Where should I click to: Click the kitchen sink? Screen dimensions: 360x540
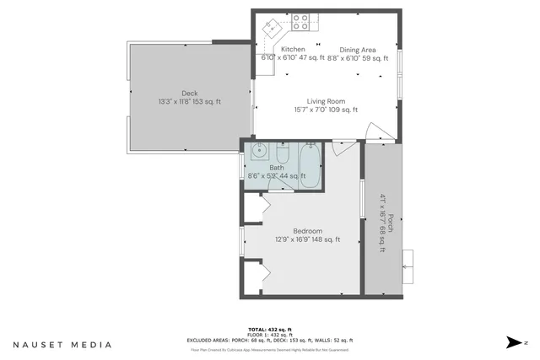tap(273, 26)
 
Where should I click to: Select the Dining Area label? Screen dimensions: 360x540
tap(358, 50)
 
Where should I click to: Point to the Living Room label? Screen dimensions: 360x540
tap(326, 100)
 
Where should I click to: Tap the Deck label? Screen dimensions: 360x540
tap(190, 93)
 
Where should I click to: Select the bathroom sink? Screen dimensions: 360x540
tap(259, 153)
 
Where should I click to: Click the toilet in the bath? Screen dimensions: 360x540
tap(283, 155)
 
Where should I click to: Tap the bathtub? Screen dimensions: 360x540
tap(310, 164)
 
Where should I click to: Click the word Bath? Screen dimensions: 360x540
tap(277, 167)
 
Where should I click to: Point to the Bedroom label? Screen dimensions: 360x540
tap(308, 230)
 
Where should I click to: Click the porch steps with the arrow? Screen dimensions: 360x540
tap(408, 266)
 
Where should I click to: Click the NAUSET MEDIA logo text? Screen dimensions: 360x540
tap(62, 344)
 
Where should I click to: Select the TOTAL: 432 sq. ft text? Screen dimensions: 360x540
tap(270, 329)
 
